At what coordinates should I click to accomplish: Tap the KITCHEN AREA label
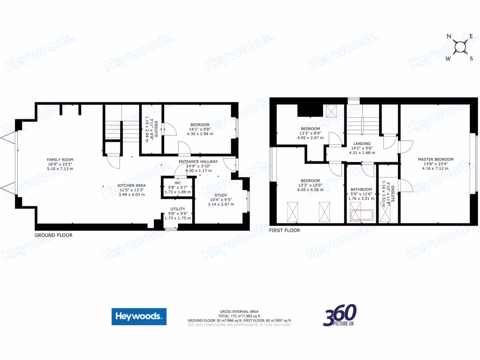coord(132,186)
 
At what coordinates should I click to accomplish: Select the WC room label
coord(178,183)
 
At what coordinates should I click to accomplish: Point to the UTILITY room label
coord(178,209)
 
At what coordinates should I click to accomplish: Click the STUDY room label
coord(221,195)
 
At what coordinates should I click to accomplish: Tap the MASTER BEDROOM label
coord(436,159)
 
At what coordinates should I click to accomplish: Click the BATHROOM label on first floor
coord(361,189)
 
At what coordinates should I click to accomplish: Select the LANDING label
coord(362,143)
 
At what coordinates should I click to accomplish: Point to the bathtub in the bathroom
coord(361,216)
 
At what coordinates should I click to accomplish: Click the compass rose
coord(461,47)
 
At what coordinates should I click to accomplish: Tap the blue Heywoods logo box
coord(139,316)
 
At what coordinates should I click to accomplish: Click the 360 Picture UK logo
coord(340,315)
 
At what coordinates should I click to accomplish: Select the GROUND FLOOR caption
coord(53,235)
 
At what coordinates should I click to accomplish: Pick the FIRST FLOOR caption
coord(285,231)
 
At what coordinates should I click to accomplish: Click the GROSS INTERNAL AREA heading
coord(239,312)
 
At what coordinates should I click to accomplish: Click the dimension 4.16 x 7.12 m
coord(436,168)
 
